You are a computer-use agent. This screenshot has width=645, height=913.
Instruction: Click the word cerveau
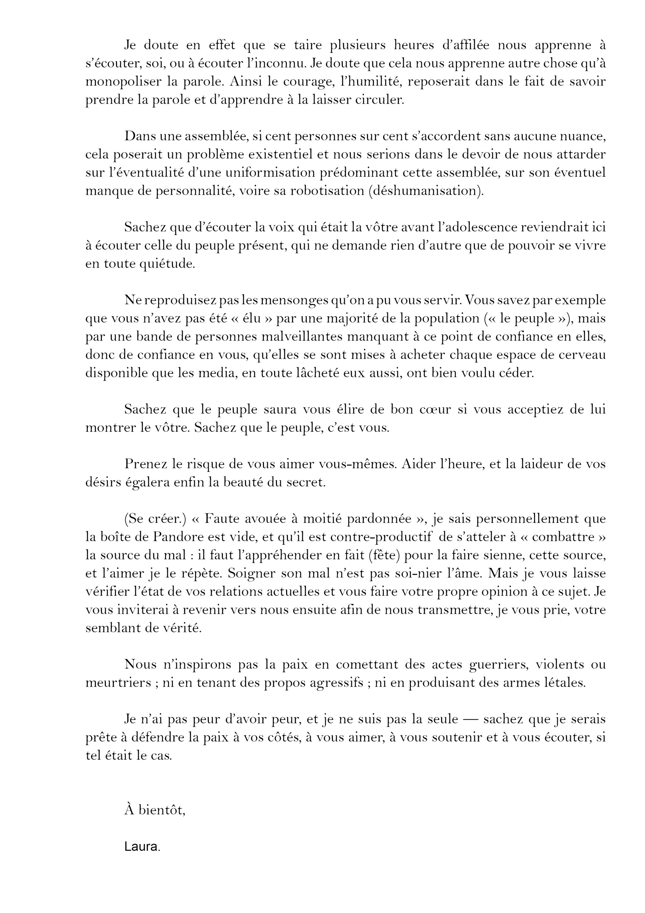click(x=583, y=355)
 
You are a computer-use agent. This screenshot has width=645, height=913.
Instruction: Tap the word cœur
click(x=435, y=409)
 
